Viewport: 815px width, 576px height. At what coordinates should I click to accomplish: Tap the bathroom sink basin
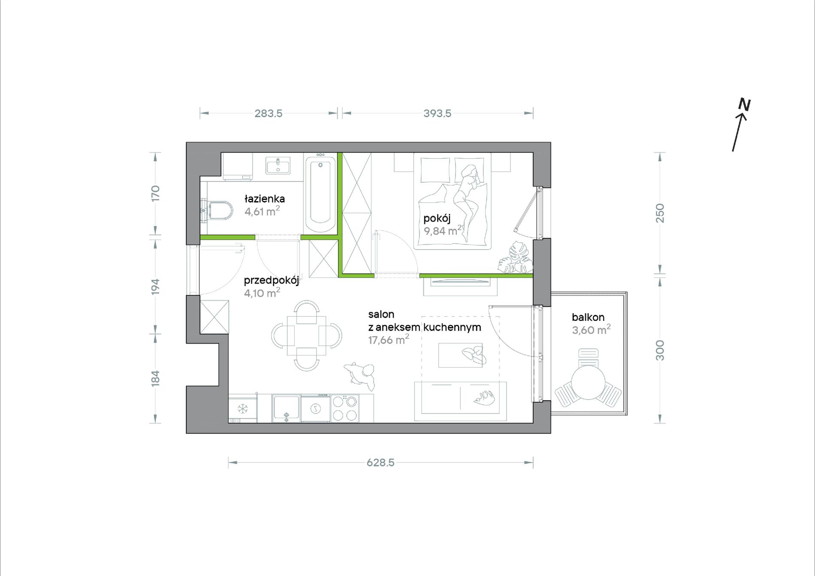click(x=278, y=165)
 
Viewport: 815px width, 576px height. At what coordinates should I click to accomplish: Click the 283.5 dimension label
click(x=269, y=113)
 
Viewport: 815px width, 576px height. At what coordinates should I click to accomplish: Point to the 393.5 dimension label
click(x=437, y=113)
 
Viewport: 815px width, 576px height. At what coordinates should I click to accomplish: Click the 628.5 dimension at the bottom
click(x=380, y=462)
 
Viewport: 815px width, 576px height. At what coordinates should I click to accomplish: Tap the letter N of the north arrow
click(x=744, y=105)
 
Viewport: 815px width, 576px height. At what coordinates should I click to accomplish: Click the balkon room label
click(x=588, y=317)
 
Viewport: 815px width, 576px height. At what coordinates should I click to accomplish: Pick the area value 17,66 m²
click(x=389, y=340)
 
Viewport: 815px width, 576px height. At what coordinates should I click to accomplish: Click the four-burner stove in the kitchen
click(x=345, y=408)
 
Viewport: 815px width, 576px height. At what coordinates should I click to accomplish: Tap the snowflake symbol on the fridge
click(x=243, y=409)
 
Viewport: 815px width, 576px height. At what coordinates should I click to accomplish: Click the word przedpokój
click(x=272, y=280)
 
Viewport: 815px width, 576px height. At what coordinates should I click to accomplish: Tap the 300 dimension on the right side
click(x=660, y=350)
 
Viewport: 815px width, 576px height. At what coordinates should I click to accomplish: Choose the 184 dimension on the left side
click(x=155, y=378)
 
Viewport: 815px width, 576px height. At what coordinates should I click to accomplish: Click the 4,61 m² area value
click(x=262, y=211)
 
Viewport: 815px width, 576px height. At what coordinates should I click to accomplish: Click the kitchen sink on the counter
click(x=286, y=409)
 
